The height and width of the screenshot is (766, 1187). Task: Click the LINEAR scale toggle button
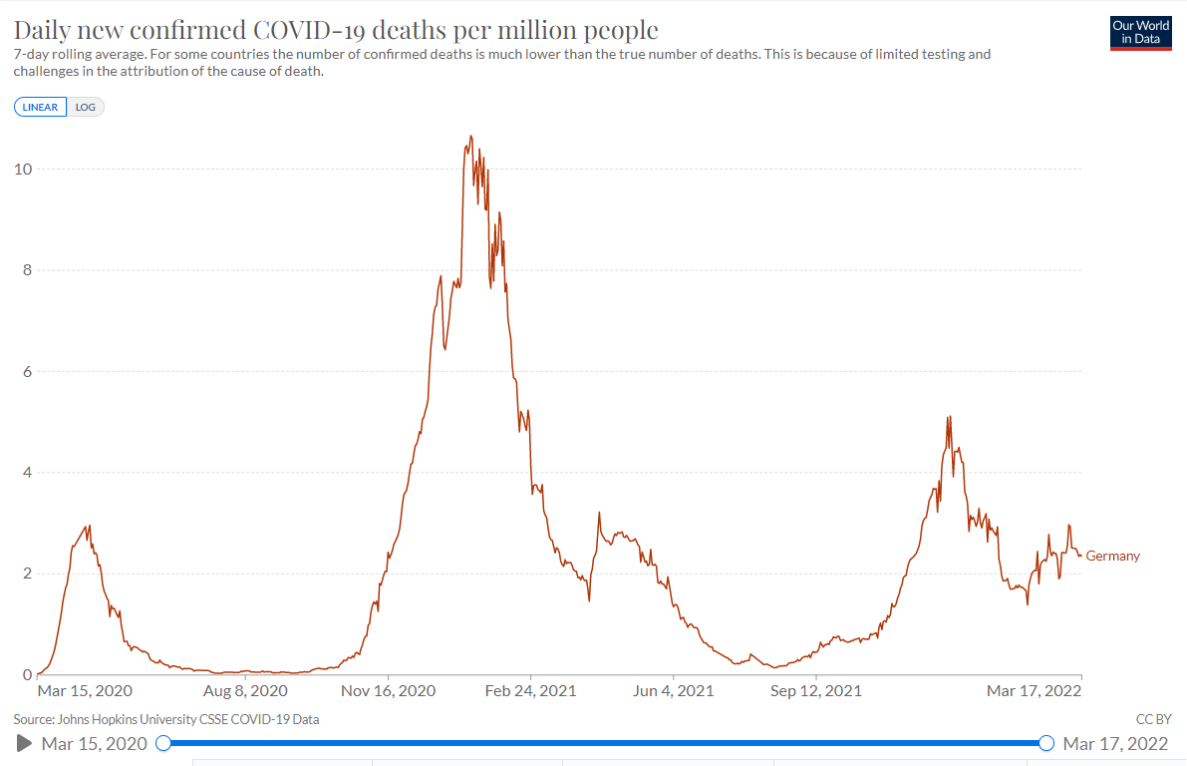40,107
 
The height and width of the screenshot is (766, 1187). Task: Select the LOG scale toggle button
86,107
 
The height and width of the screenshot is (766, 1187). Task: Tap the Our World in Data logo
1141,32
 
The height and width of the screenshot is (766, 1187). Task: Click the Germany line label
1112,556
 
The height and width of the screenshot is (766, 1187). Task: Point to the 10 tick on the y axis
22,169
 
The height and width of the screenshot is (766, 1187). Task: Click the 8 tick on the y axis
26,270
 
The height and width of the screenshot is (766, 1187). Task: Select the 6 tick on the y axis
26,371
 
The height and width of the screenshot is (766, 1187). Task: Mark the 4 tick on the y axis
26,473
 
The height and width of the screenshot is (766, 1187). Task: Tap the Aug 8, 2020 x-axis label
245,690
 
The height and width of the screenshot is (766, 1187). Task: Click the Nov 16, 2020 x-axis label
388,690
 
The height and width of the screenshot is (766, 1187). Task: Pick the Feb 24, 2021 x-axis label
530,690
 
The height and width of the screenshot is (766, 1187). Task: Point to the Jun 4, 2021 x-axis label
673,690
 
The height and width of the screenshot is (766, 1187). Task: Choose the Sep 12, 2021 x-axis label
815,690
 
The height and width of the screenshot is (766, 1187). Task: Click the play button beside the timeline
25,743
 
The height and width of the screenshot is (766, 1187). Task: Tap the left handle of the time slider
164,743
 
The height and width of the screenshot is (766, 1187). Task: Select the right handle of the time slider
1046,743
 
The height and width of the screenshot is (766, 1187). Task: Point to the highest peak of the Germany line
470,137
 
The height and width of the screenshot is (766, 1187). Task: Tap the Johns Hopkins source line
166,719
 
